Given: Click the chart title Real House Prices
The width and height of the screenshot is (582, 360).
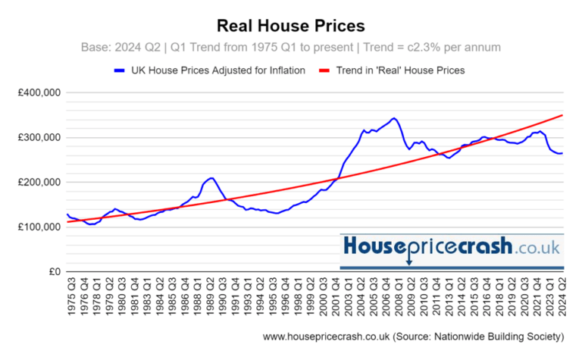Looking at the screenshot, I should [291, 26].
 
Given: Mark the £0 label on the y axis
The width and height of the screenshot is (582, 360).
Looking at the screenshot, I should [54, 272].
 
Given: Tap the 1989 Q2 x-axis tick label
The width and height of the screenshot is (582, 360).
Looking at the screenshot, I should [209, 298].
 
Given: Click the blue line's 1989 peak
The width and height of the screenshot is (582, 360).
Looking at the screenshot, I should [212, 178].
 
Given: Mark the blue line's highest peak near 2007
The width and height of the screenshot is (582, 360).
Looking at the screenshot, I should [393, 118].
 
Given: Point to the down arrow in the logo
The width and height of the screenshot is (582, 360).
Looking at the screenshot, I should [409, 261].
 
